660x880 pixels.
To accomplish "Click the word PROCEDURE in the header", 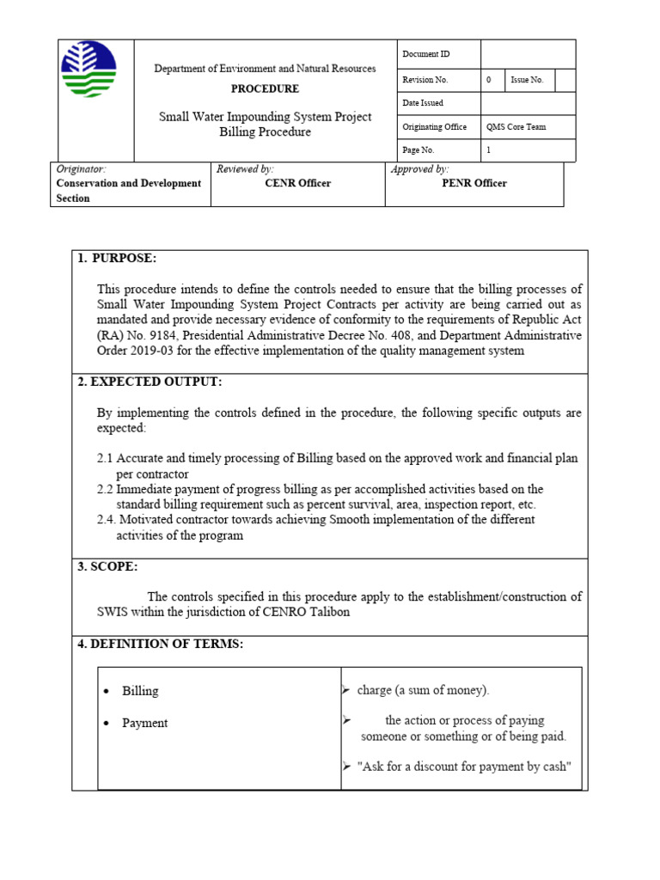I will coord(265,89).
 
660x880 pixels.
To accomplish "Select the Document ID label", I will coord(425,55).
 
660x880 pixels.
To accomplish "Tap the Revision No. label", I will coord(428,79).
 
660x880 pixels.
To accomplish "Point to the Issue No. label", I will coord(527,79).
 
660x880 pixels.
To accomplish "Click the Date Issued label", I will coord(423,103).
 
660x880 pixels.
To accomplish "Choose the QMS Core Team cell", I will coord(516,126).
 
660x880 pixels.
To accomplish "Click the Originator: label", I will coord(81,170).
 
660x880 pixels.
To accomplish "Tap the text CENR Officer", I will coord(297,183).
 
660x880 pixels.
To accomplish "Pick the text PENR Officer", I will coord(474,183).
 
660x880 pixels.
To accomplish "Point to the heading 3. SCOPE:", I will coord(107,566).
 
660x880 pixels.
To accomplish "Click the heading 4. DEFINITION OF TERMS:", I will coord(161,645).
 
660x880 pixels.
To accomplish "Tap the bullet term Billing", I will coord(140,691).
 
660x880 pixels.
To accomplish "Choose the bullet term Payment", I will coord(144,723).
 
